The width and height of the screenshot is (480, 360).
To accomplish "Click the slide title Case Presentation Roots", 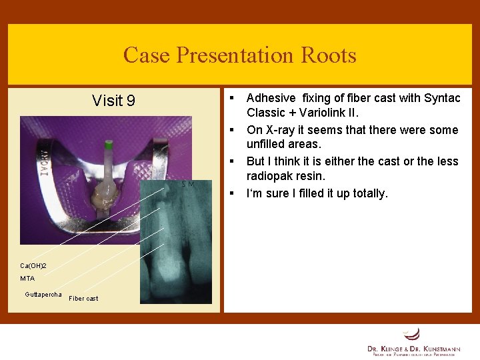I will coord(239,55).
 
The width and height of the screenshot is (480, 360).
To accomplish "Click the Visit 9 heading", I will coord(113,101).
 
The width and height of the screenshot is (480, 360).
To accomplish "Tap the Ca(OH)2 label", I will coord(33,265).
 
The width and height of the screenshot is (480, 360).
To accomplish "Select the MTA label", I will coord(27,279).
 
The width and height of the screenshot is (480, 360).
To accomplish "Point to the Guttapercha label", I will coord(43,294).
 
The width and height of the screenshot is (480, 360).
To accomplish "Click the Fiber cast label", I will coord(83,299).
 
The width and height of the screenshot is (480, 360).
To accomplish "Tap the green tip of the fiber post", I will coord(108,143).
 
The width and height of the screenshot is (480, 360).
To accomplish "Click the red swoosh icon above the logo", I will coord(413,333).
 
